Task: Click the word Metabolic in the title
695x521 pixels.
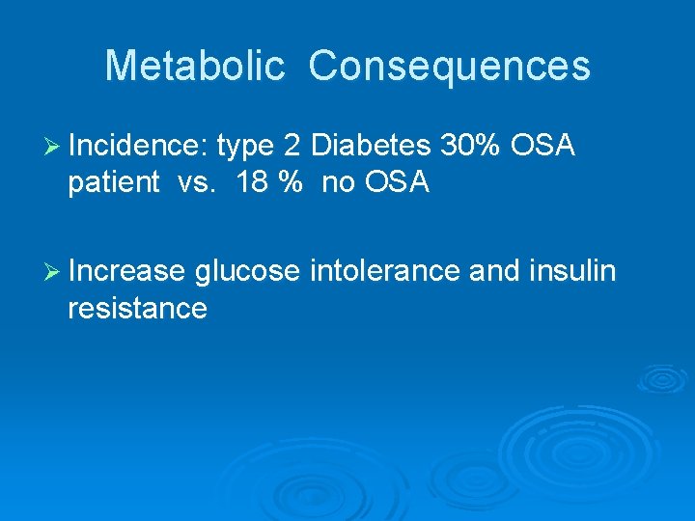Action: (194, 67)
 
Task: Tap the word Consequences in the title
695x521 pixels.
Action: (449, 67)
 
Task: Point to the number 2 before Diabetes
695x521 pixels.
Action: (292, 147)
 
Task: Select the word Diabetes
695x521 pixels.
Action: (373, 147)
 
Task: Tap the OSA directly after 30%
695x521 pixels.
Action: (542, 147)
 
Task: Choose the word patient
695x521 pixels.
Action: (113, 182)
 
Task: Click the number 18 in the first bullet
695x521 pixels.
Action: (253, 182)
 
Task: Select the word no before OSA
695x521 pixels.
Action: (338, 182)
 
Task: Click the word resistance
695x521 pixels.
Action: (137, 309)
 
